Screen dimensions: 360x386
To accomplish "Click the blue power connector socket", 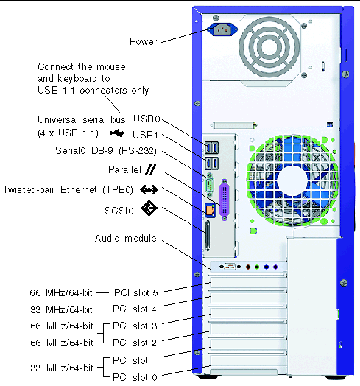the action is [x=222, y=29].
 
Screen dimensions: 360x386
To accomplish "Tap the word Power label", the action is [x=144, y=41].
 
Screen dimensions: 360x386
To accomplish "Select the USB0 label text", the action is [x=147, y=119].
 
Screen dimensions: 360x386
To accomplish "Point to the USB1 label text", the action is [x=145, y=135].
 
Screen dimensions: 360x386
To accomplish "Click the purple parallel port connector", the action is [x=224, y=200].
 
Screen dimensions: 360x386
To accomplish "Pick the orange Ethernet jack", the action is [x=210, y=210].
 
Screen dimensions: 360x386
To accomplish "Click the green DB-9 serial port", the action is [x=210, y=185].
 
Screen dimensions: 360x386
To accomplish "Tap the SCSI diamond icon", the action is [x=149, y=208].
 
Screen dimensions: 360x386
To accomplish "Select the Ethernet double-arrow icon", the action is [x=149, y=190].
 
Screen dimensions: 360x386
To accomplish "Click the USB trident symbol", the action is [x=117, y=133].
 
